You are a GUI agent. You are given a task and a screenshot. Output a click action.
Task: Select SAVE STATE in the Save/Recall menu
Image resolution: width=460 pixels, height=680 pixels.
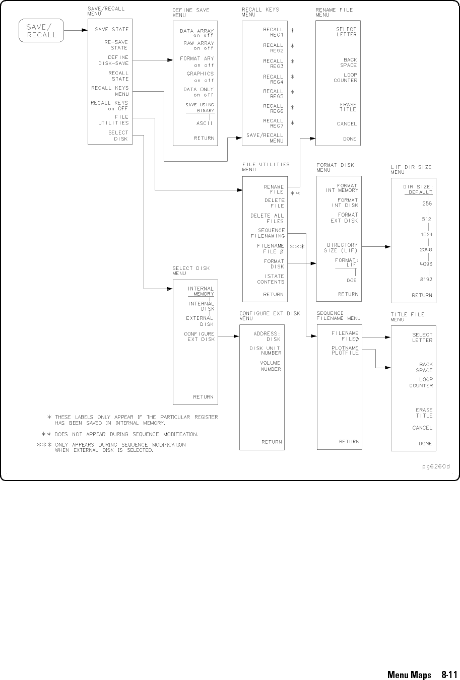click(x=111, y=30)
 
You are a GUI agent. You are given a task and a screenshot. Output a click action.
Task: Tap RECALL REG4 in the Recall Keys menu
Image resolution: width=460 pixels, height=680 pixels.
click(x=273, y=79)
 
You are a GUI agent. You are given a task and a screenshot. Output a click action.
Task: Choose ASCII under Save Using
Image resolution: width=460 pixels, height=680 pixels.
click(x=204, y=122)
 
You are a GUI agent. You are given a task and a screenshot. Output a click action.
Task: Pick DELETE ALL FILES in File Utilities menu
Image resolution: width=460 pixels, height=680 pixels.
click(x=267, y=218)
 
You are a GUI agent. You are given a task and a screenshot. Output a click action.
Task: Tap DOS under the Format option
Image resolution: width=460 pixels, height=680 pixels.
click(x=352, y=280)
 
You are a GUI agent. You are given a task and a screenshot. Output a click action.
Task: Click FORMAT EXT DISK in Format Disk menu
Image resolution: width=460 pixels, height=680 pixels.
click(x=344, y=218)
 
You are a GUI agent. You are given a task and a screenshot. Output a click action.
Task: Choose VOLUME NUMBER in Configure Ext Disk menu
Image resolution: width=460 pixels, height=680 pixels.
click(x=271, y=366)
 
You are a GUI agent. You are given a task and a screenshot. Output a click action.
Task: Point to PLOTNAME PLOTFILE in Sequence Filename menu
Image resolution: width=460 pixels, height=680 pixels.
click(x=345, y=351)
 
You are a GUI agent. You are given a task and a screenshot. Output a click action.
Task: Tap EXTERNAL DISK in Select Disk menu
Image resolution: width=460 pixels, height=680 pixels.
click(x=200, y=321)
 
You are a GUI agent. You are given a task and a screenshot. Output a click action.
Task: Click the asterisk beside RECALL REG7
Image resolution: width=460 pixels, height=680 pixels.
click(x=292, y=123)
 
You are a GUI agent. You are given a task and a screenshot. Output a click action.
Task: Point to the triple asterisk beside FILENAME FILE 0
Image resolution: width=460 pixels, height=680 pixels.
click(x=297, y=247)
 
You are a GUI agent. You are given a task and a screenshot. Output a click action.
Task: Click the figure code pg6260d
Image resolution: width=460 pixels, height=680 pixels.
click(x=436, y=466)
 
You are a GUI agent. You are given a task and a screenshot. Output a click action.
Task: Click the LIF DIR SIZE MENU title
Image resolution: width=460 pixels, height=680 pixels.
click(x=411, y=169)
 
